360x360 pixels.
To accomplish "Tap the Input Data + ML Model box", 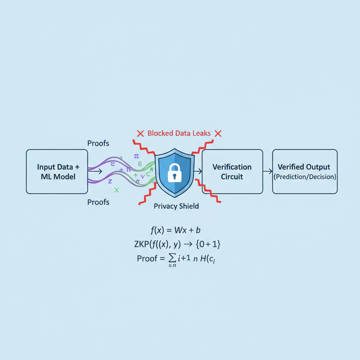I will [x=57, y=172].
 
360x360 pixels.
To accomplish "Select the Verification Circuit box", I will [x=232, y=172].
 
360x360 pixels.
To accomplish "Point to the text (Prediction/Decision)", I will [x=305, y=177].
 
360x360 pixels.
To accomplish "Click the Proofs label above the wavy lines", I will [x=98, y=143].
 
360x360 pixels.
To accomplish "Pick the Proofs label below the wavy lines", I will [x=98, y=202].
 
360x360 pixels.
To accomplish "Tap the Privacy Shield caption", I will [x=176, y=206].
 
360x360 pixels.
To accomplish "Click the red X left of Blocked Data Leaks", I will [x=140, y=134].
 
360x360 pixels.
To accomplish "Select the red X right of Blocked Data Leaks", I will [x=218, y=134].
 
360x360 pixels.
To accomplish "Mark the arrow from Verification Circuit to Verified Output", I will [x=268, y=171].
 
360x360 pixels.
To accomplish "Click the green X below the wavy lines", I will [x=117, y=190].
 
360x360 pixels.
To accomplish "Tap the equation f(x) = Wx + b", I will [x=175, y=230].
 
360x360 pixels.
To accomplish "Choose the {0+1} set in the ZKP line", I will [x=209, y=244].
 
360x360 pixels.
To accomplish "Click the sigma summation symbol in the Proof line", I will [x=173, y=259].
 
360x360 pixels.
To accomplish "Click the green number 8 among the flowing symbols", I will [x=140, y=163].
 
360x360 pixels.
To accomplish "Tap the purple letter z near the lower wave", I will [x=110, y=181].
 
